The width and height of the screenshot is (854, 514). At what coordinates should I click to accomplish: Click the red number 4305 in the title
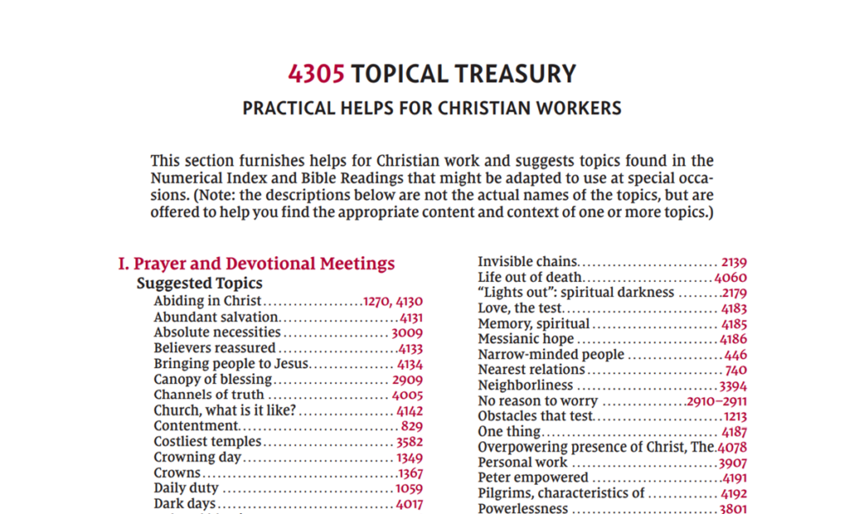(316, 74)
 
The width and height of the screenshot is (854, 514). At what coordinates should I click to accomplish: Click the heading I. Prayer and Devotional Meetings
(257, 264)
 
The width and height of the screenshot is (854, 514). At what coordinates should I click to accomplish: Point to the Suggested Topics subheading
(199, 284)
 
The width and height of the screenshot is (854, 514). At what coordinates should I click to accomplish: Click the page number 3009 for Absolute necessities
(407, 332)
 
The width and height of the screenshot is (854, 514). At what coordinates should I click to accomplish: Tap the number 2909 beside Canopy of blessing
(407, 380)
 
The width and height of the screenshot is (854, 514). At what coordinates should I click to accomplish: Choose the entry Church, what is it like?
(225, 411)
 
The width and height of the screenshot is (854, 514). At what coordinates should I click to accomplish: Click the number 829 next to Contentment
(411, 426)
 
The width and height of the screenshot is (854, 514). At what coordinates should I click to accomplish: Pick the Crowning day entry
(198, 457)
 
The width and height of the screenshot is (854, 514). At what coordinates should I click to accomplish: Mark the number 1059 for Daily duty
(409, 488)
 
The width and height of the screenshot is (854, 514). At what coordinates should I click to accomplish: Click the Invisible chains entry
(528, 262)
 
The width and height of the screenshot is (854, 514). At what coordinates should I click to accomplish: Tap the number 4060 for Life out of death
(731, 278)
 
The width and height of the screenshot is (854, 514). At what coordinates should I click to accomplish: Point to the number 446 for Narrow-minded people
(736, 355)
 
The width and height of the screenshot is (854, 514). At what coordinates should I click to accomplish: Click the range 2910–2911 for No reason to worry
(716, 401)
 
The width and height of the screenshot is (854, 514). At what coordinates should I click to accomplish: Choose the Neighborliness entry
(525, 385)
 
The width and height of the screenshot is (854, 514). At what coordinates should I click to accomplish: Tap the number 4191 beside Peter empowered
(732, 478)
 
